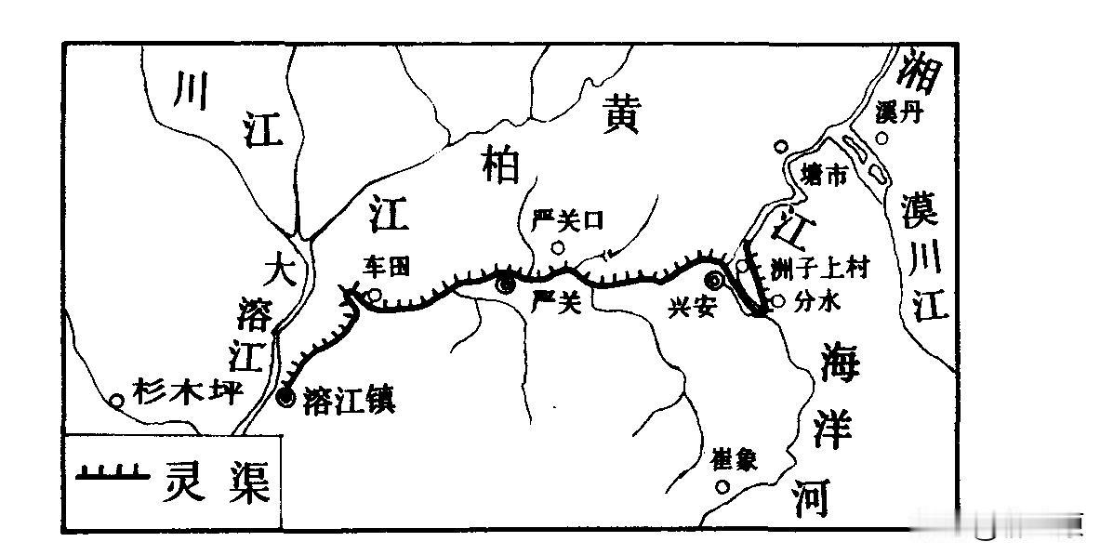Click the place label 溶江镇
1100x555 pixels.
pos(350,402)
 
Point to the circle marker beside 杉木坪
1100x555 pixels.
pos(117,402)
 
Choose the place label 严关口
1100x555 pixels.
pos(567,220)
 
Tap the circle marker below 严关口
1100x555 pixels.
pos(558,247)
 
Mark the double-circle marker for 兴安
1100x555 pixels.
pos(714,281)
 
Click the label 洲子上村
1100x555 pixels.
pos(818,270)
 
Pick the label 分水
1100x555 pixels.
pos(815,301)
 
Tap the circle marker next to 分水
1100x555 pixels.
pos(778,300)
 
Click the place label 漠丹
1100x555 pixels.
pos(898,112)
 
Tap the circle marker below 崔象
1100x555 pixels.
pos(722,486)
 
